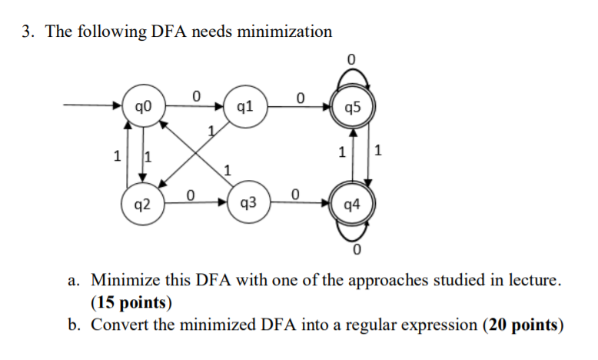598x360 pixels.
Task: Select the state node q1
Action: coord(243,106)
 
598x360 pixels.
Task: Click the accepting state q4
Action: coord(351,205)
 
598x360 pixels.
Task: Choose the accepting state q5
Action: coord(351,106)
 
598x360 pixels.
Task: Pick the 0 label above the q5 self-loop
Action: coord(351,59)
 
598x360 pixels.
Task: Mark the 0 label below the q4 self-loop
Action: coord(356,251)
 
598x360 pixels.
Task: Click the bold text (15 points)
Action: coord(131,301)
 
